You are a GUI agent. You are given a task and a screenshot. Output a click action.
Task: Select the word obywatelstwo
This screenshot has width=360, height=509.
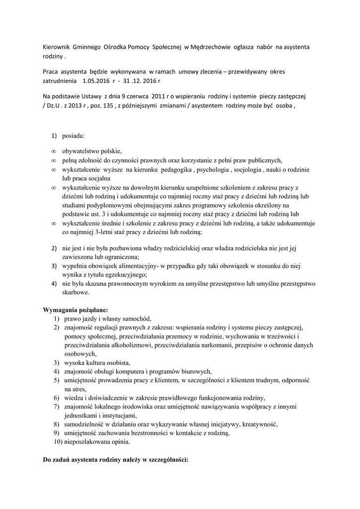(82, 151)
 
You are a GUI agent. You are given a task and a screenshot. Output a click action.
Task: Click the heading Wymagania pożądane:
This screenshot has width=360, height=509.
(76, 310)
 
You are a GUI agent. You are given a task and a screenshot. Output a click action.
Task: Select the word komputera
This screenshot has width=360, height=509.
(134, 371)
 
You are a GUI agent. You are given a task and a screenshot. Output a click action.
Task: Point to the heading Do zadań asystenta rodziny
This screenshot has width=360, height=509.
(115, 460)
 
